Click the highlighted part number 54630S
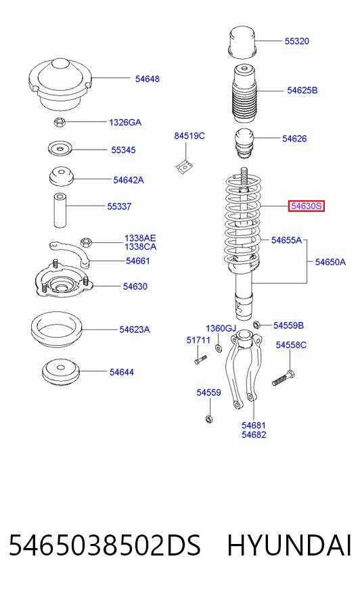point(307,206)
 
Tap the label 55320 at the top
point(297,41)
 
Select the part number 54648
point(148,78)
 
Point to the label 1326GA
point(125,122)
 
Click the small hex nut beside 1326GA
point(60,122)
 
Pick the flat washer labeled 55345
point(60,148)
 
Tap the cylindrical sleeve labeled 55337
point(60,210)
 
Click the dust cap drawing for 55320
point(243,42)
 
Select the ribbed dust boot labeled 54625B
point(244,93)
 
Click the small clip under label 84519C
point(184,166)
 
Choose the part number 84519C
point(189,135)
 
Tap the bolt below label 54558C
point(284,378)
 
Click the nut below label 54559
point(209,418)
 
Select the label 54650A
point(330,262)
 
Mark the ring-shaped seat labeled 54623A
point(56,330)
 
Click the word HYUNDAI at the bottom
point(289,545)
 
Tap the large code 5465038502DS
point(105,545)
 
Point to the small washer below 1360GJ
point(218,347)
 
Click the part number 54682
point(254,434)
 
